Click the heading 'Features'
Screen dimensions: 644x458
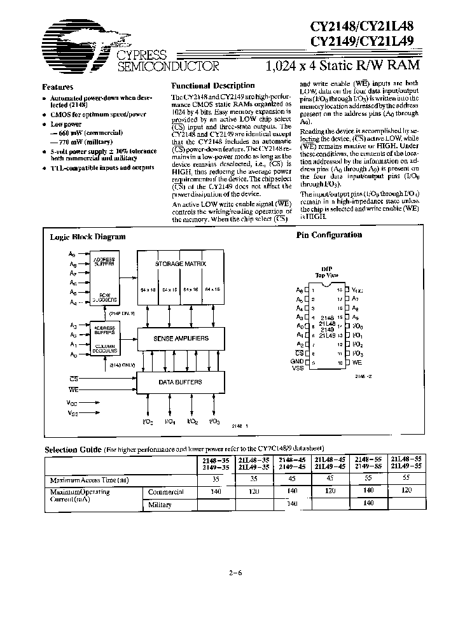[x=57, y=87]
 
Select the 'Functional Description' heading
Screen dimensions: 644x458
[x=213, y=85]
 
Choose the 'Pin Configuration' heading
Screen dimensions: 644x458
[x=330, y=235]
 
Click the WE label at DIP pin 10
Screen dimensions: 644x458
[x=359, y=362]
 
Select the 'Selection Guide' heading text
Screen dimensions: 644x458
[x=72, y=450]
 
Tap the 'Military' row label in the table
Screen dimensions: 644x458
[x=160, y=505]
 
